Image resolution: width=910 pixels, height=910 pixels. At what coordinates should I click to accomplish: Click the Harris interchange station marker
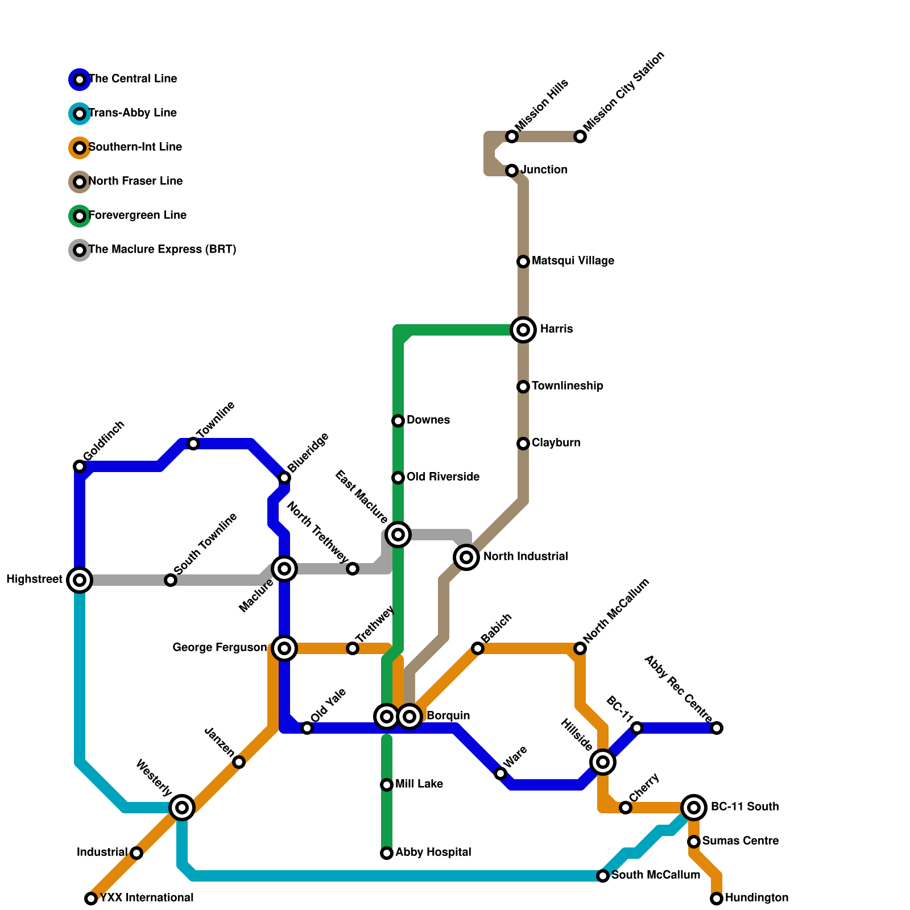tap(523, 330)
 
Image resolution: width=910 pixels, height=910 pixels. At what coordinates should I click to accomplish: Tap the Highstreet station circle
tap(80, 580)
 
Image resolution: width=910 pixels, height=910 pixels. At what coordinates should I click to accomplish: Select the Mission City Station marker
tap(580, 136)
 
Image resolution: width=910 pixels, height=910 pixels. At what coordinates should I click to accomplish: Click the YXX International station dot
tap(91, 899)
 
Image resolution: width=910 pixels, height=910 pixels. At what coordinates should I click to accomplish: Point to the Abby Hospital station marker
tap(387, 853)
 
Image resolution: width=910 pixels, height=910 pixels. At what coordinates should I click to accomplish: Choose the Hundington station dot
tap(717, 899)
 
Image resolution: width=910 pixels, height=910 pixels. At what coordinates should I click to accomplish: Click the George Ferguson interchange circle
tap(284, 648)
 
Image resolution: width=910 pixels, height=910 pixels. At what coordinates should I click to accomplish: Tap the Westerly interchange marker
tap(182, 808)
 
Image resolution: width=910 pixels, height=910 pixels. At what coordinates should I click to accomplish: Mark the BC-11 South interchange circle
tap(694, 808)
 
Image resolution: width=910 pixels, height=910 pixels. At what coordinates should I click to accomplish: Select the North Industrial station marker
tap(466, 557)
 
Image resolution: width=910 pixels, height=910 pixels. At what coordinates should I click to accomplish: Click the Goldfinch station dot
tap(80, 466)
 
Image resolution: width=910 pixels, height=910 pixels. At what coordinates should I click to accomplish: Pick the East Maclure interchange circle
tap(398, 535)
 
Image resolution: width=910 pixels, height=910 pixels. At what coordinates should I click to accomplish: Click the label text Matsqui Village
tap(573, 261)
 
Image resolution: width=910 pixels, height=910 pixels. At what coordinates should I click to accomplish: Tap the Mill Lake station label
tap(419, 784)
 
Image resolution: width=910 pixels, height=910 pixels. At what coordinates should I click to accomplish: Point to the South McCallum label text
tap(656, 875)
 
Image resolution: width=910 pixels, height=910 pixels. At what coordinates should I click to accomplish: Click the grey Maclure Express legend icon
tap(80, 250)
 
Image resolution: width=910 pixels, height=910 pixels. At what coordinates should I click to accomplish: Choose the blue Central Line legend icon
tap(80, 80)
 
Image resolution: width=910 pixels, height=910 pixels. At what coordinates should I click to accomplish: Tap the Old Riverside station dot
tap(398, 478)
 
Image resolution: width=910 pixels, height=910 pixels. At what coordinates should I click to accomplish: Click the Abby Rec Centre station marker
tap(717, 728)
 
